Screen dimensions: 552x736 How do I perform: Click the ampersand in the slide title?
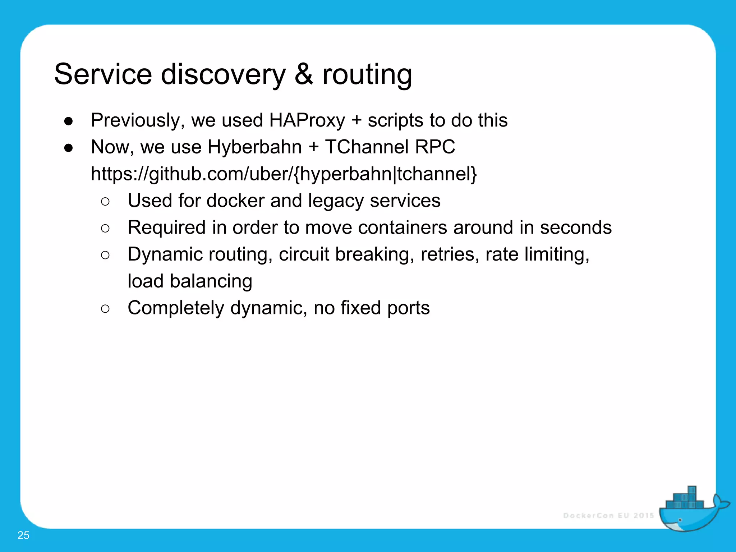pos(304,74)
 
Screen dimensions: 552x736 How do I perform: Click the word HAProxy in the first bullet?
pos(307,120)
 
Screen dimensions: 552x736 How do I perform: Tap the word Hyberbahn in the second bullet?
pos(254,147)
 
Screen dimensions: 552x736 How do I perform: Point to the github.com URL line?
pos(284,174)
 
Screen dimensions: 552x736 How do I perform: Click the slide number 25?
pos(23,535)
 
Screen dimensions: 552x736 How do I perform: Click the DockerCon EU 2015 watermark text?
pos(608,516)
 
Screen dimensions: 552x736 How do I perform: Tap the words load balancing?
pos(190,281)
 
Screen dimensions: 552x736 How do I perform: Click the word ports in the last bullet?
pos(408,308)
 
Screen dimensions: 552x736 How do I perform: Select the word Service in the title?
pos(103,74)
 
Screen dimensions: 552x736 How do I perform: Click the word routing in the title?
pos(367,74)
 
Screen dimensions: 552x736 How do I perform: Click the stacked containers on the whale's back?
pos(685,500)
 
